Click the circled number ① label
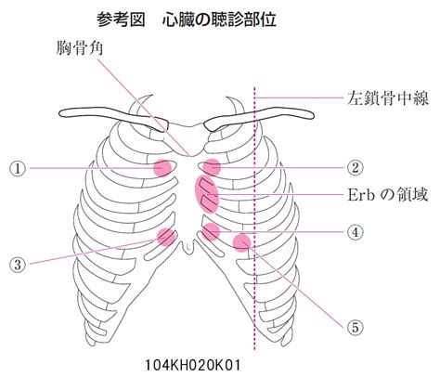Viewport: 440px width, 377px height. tap(18, 169)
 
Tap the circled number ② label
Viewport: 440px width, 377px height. tap(355, 167)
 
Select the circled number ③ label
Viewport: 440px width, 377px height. tap(18, 265)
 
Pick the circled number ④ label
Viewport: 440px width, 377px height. tap(355, 232)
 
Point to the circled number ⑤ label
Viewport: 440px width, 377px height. tap(355, 327)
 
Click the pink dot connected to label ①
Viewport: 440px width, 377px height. tap(162, 168)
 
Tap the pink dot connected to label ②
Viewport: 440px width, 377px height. tap(212, 167)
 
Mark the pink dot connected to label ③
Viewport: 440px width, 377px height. tap(166, 237)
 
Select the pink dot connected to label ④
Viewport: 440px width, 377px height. tap(211, 232)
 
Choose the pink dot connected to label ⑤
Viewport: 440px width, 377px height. tap(241, 242)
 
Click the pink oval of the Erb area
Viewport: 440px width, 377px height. tap(207, 194)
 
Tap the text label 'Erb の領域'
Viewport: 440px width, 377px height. tap(388, 195)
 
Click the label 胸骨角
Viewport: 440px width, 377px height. tap(80, 48)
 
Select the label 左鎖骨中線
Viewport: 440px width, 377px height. tap(388, 97)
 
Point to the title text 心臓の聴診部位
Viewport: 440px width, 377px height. tap(219, 19)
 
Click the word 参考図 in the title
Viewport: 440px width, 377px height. tap(121, 19)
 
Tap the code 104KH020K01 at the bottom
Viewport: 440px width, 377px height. tap(192, 365)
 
